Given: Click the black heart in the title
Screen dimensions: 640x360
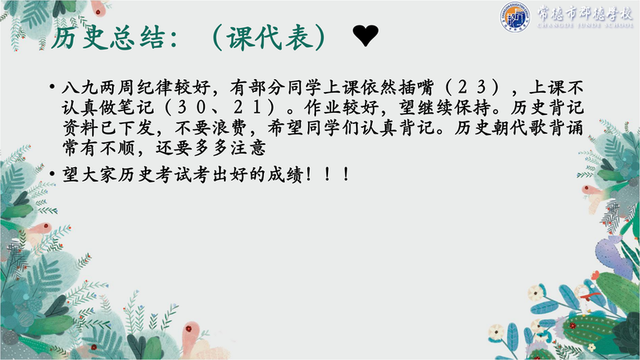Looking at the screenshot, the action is (366, 35).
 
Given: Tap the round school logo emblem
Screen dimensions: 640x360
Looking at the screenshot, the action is (515, 17).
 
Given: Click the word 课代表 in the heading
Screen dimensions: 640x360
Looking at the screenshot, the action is (269, 38).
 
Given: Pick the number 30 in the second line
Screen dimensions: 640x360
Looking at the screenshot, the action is (192, 107).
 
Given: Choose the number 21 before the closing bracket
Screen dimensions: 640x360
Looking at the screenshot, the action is (248, 107).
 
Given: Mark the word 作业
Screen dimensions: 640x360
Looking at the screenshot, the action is (322, 107).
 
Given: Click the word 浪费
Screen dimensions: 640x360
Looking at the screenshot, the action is (230, 128).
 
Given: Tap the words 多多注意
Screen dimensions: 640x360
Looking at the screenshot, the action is (230, 148).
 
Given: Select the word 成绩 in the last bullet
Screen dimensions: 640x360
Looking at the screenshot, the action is (286, 174).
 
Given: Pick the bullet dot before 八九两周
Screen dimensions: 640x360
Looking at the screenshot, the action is (52, 87).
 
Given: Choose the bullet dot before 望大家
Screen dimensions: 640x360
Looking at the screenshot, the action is (52, 174).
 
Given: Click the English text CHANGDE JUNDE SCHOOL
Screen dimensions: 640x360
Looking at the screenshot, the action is (585, 26).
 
